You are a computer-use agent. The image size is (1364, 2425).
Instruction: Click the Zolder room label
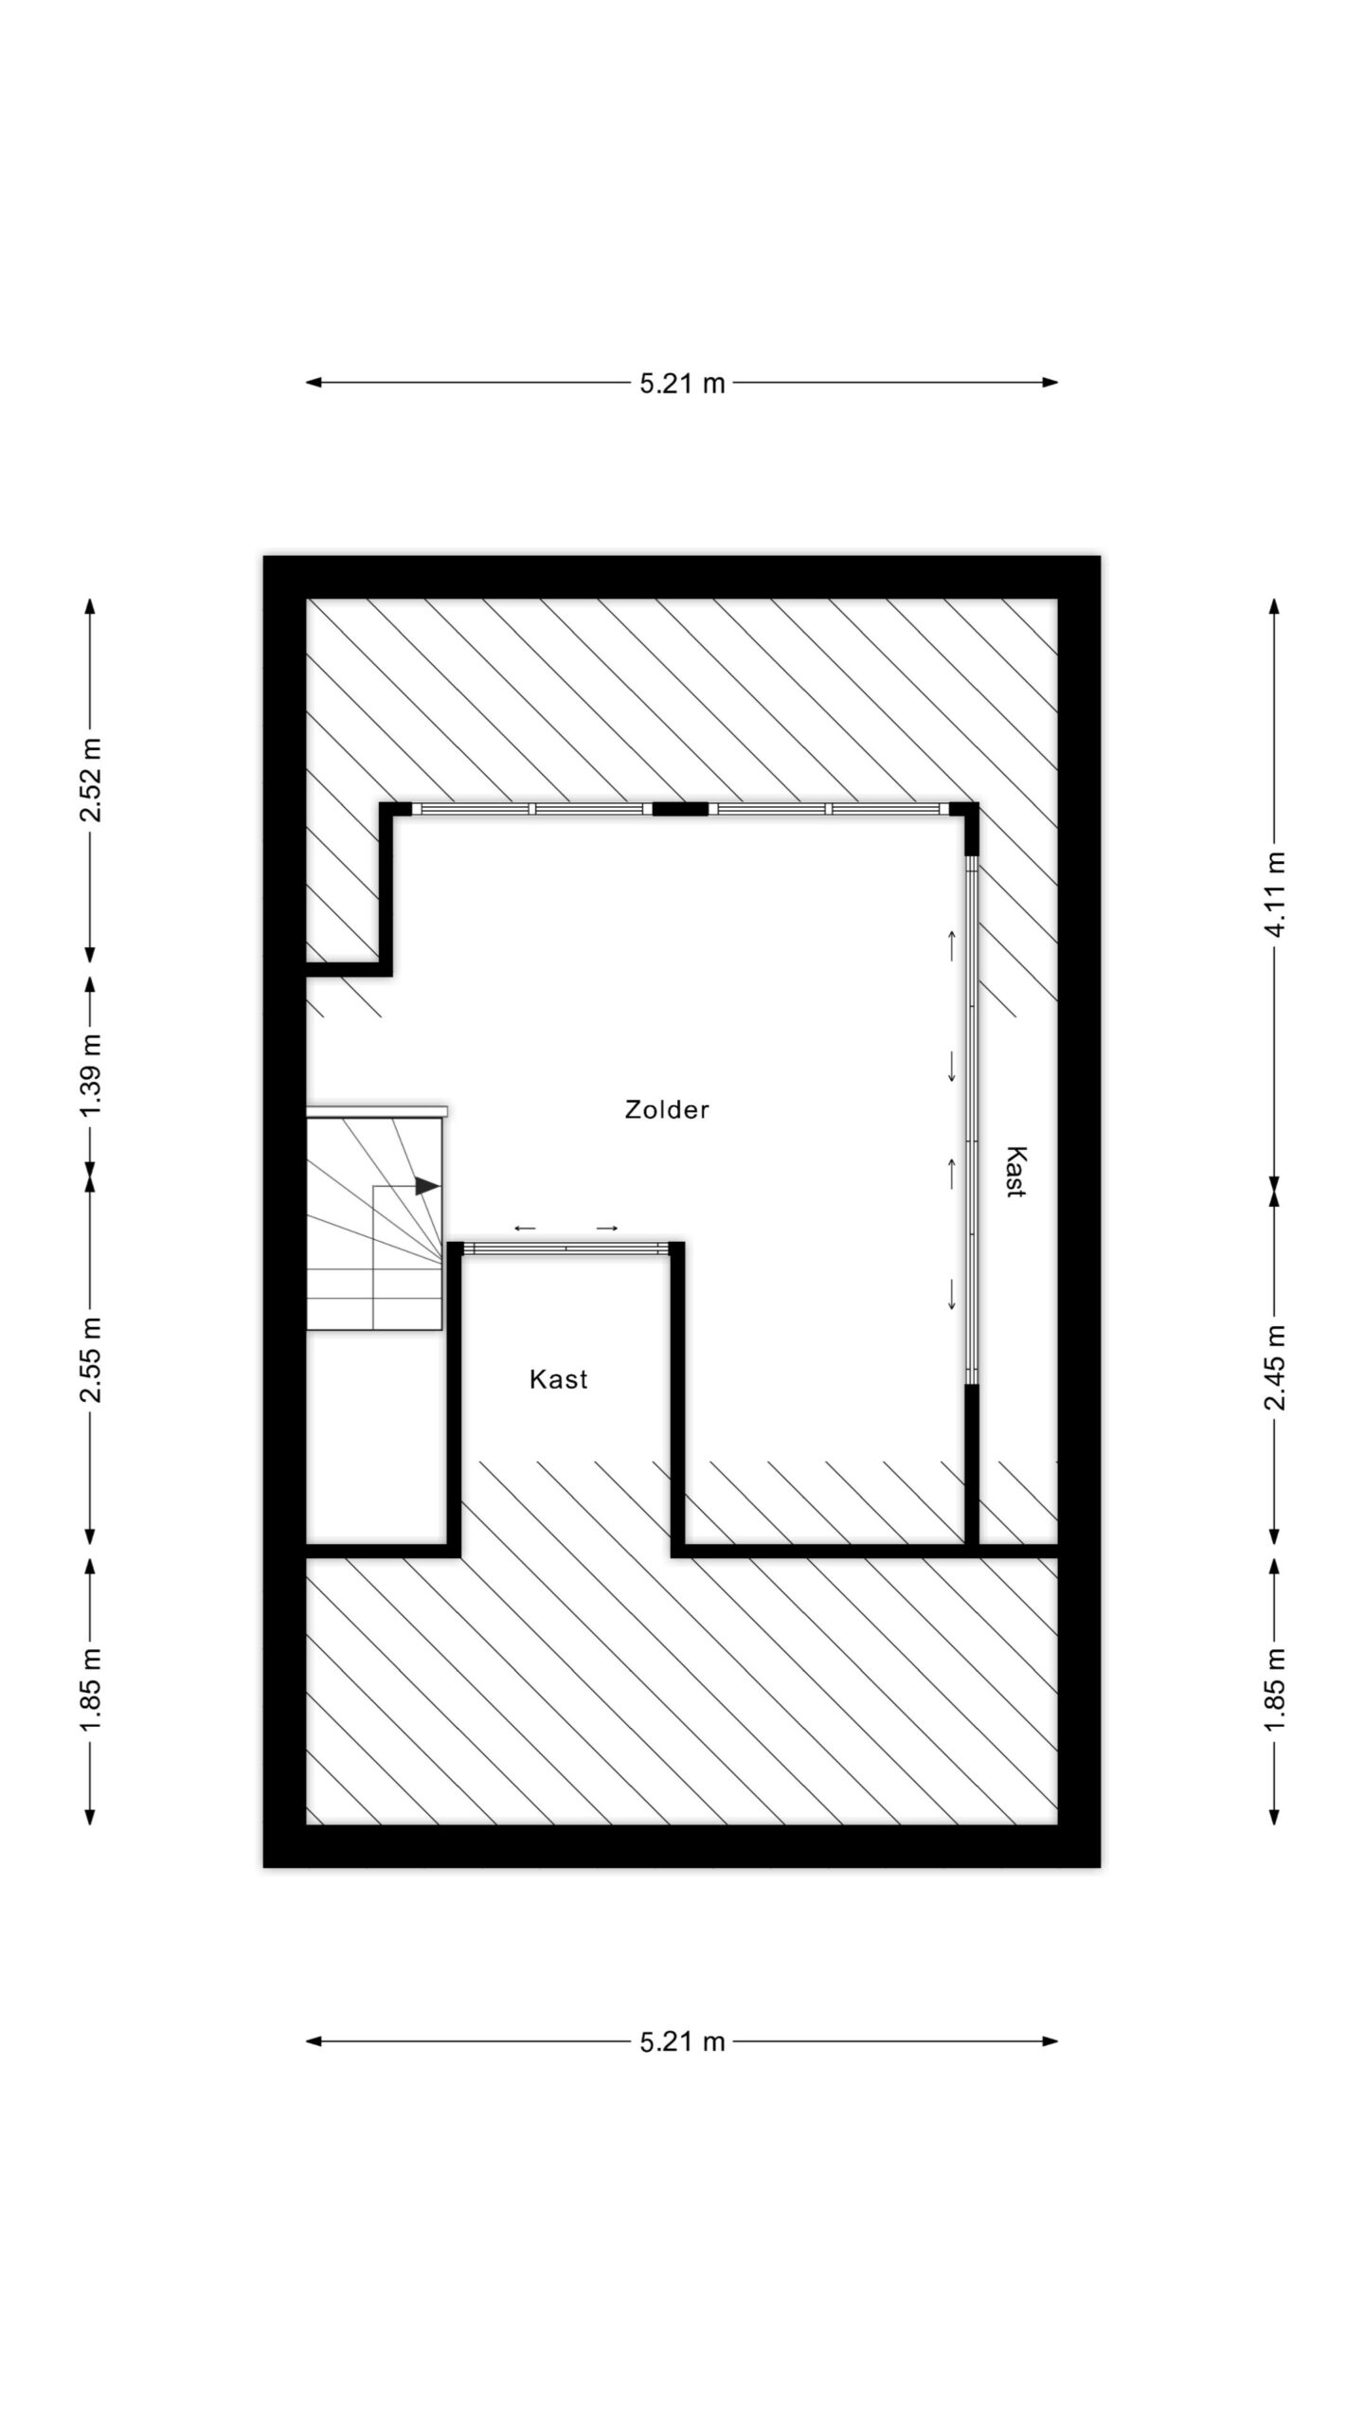(x=666, y=1109)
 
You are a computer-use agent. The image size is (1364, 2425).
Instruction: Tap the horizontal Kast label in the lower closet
(x=558, y=1379)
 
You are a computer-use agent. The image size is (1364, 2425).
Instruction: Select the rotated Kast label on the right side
(x=1015, y=1173)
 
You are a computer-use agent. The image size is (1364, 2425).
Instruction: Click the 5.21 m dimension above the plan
(x=682, y=383)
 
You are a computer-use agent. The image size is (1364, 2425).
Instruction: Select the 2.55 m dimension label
(x=91, y=1359)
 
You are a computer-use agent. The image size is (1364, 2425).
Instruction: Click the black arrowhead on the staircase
(x=428, y=1186)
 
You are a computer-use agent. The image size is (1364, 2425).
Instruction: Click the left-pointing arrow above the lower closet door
(x=525, y=1229)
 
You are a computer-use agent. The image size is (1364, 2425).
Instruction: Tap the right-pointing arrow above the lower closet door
(x=607, y=1229)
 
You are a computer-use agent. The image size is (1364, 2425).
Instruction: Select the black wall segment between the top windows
(x=681, y=809)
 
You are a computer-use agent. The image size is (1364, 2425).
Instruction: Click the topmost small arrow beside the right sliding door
(x=952, y=945)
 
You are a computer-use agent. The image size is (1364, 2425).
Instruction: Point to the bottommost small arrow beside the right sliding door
(x=952, y=1295)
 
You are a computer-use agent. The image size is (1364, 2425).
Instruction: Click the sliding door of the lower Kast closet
(x=565, y=1249)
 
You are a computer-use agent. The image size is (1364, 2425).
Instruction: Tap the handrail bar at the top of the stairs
(x=377, y=1110)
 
